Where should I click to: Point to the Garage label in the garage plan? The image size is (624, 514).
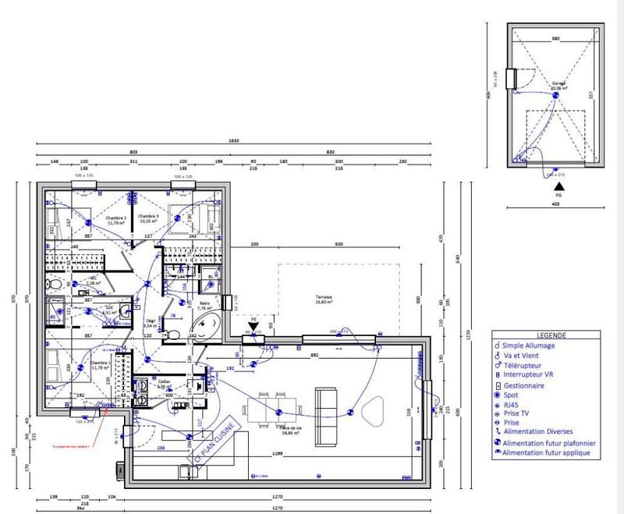pyautogui.click(x=558, y=83)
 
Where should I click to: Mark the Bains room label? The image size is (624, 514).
pyautogui.click(x=204, y=305)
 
